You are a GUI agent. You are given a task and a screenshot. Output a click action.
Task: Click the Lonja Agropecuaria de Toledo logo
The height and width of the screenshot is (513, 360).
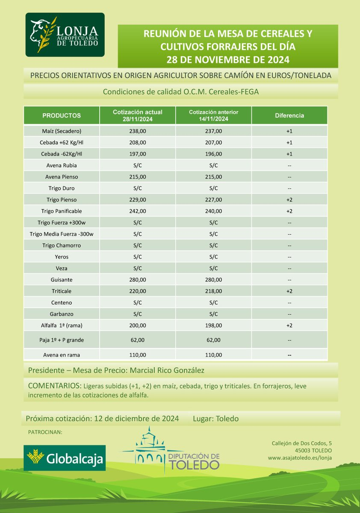pyautogui.click(x=65, y=35)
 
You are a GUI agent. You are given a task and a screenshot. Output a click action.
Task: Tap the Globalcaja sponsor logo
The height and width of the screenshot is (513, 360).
pyautogui.click(x=65, y=458)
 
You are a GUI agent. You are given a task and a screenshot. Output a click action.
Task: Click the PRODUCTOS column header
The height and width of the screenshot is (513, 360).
pyautogui.click(x=62, y=115)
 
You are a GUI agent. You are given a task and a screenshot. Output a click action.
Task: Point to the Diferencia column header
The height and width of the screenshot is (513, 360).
pyautogui.click(x=289, y=115)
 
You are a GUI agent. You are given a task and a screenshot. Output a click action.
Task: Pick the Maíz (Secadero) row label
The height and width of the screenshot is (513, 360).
pyautogui.click(x=62, y=131)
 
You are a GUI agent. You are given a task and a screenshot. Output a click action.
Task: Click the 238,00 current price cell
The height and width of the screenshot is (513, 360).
pyautogui.click(x=137, y=131)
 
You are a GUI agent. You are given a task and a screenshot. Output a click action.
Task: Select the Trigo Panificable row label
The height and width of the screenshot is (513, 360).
pyautogui.click(x=62, y=211)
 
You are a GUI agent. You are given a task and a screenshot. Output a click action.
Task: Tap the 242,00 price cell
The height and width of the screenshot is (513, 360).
pyautogui.click(x=137, y=211)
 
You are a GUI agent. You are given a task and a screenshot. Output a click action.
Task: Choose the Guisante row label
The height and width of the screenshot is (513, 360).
pyautogui.click(x=62, y=280)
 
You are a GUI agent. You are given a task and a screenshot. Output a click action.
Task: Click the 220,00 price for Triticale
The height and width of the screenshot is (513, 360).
pyautogui.click(x=137, y=291)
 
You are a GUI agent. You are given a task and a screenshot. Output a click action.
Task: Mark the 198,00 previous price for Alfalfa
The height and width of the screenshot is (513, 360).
pyautogui.click(x=213, y=325)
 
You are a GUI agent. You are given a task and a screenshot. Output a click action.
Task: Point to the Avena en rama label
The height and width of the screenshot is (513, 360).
pyautogui.click(x=62, y=355)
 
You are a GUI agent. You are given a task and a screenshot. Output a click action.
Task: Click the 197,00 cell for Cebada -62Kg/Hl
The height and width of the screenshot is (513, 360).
pyautogui.click(x=137, y=153)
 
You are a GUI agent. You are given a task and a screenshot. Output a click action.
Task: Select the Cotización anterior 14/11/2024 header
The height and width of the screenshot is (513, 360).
pyautogui.click(x=213, y=115)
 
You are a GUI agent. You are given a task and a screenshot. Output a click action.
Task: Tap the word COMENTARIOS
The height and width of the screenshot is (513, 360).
pyautogui.click(x=55, y=386)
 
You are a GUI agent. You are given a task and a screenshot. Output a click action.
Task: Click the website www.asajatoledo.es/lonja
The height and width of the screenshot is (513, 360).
pyautogui.click(x=300, y=458)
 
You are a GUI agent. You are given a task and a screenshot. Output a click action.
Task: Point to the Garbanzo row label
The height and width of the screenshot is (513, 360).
pyautogui.click(x=62, y=314)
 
